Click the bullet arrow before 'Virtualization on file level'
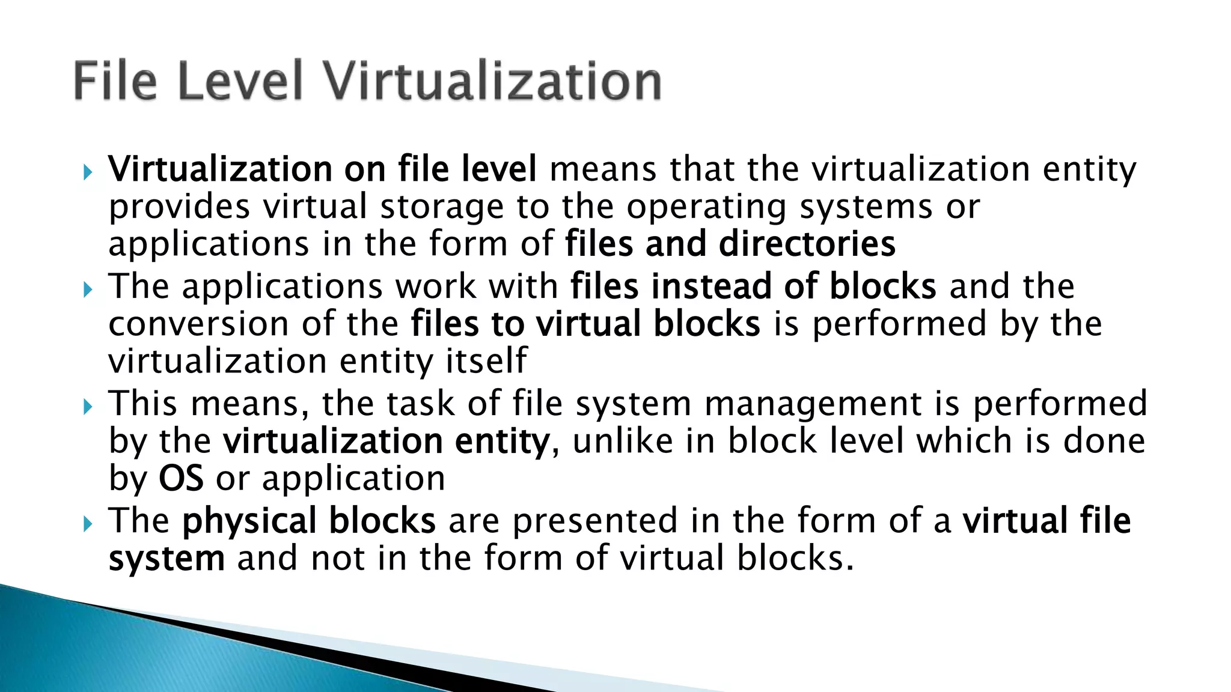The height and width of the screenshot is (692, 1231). [x=88, y=173]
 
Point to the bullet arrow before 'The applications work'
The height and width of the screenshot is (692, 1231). [x=88, y=290]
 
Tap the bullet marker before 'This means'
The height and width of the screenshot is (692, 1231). [x=88, y=407]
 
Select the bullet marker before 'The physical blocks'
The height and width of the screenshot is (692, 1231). [x=88, y=524]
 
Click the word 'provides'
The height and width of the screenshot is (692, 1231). [x=179, y=207]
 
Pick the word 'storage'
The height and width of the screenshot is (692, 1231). [x=442, y=207]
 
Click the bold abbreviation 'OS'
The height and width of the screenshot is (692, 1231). [x=180, y=479]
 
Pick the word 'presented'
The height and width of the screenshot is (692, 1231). [x=594, y=520]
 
